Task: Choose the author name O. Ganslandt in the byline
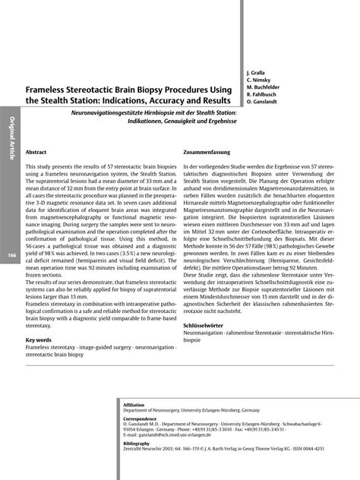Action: point(264,101)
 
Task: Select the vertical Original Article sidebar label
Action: point(11,141)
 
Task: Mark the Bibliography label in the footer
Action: point(137,442)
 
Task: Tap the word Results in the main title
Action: point(213,101)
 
